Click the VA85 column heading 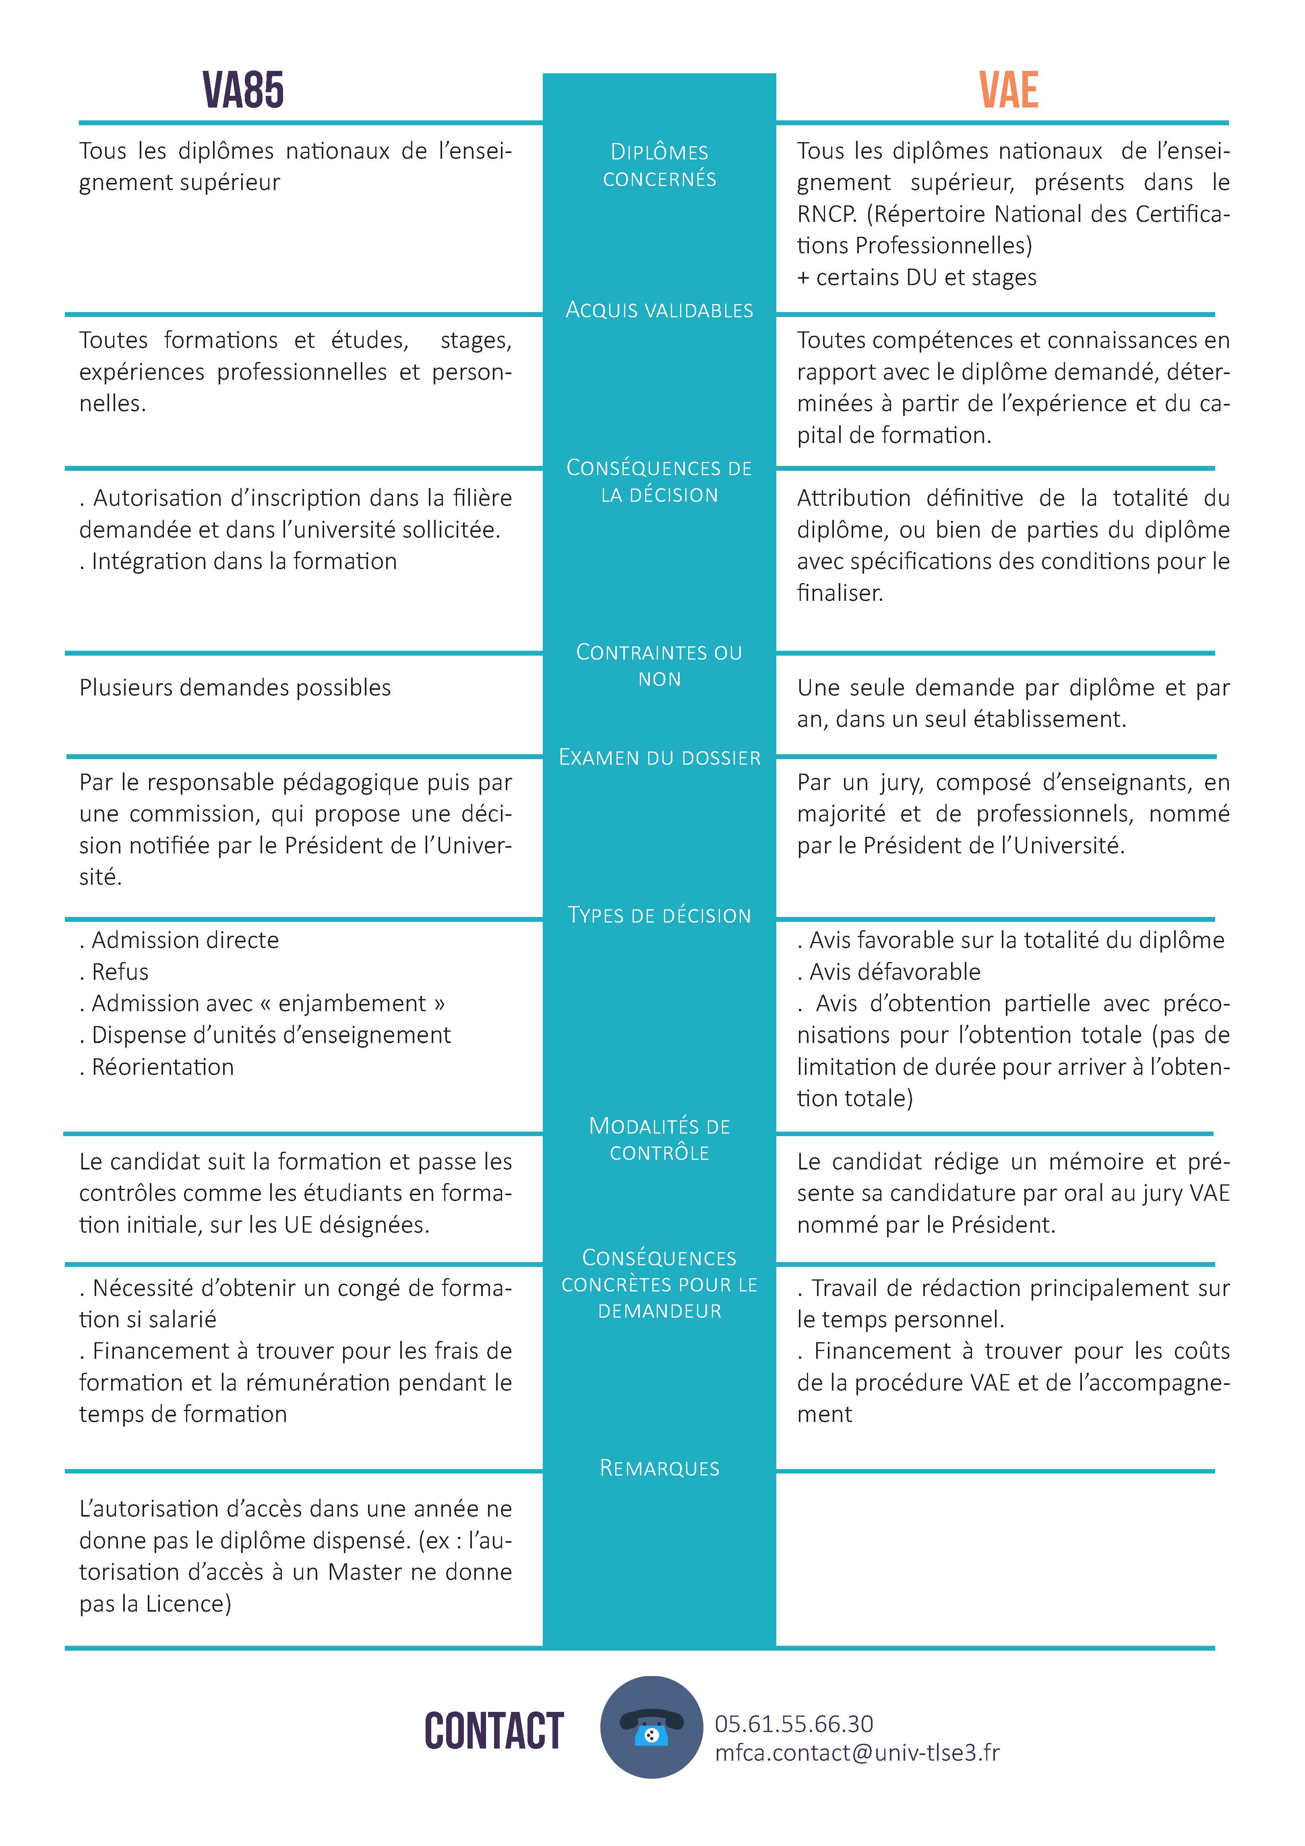point(243,90)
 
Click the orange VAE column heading point(1008,90)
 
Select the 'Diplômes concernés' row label point(659,165)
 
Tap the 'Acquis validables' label point(659,310)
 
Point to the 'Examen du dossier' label point(659,757)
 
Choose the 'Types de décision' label point(659,915)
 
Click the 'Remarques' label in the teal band point(659,1468)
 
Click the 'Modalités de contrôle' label point(659,1139)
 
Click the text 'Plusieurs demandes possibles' point(235,687)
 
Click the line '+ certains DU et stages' point(916,277)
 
